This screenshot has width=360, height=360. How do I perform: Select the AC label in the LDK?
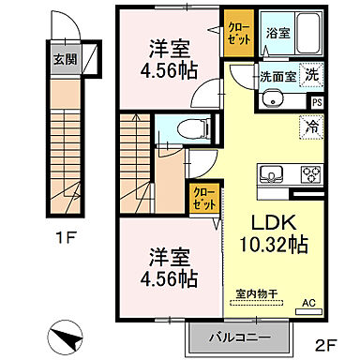click(307, 304)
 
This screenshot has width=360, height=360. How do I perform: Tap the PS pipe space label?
click(316, 102)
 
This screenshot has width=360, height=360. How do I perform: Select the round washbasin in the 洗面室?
click(277, 100)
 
